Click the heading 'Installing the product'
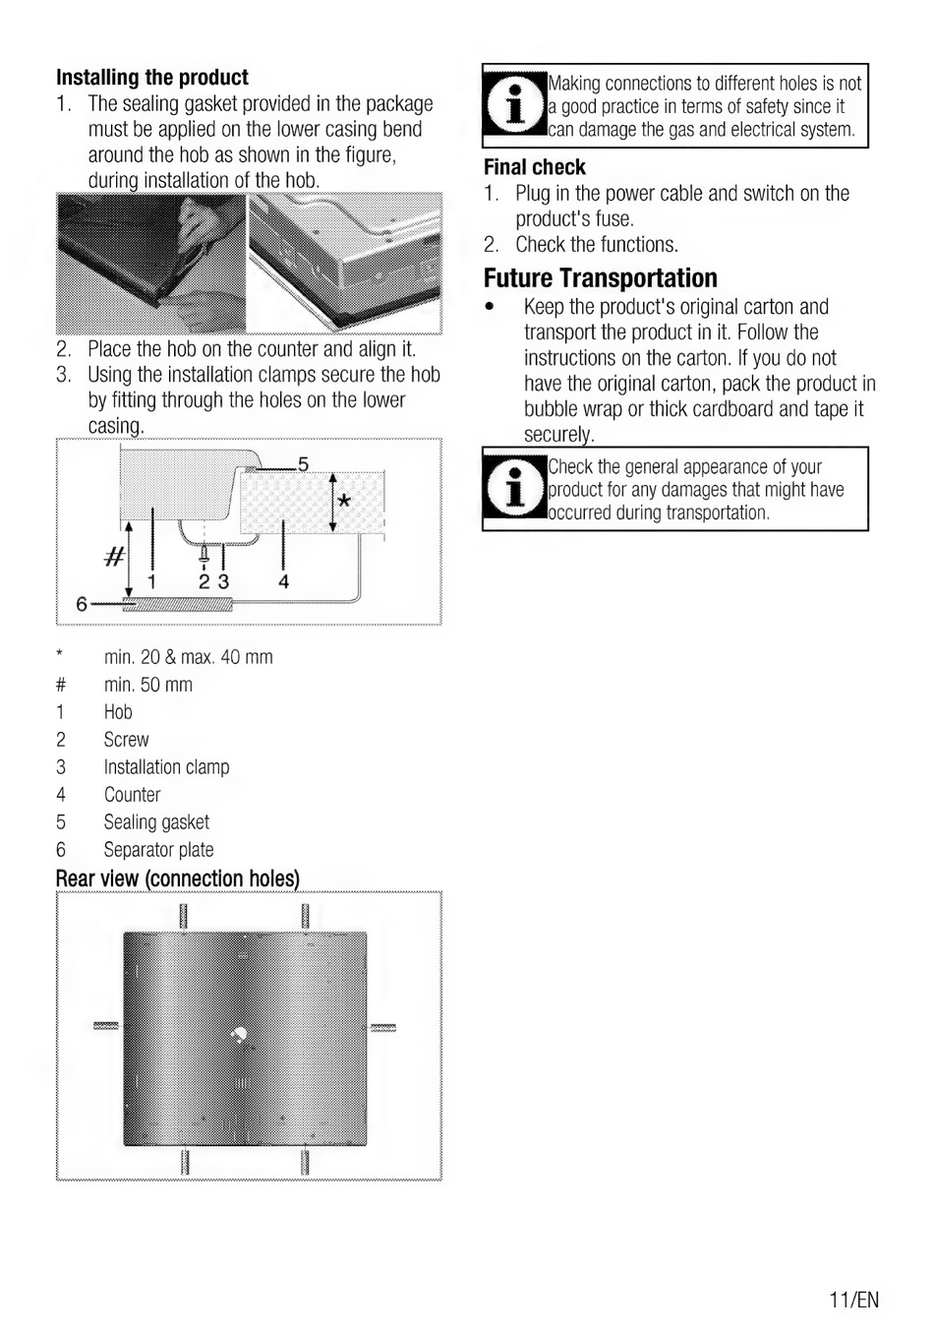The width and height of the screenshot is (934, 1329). (x=152, y=78)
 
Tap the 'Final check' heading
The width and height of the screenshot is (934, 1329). (x=534, y=167)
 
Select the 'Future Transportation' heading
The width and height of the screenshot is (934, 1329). (x=600, y=278)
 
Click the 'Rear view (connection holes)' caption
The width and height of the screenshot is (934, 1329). (x=178, y=878)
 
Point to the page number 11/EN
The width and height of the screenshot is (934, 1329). (x=853, y=1299)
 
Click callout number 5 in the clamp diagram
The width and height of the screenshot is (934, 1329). (x=304, y=463)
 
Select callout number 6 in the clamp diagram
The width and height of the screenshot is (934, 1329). (x=82, y=603)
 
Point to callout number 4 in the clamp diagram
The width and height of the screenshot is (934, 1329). (x=283, y=582)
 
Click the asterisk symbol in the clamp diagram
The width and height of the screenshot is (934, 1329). (x=343, y=503)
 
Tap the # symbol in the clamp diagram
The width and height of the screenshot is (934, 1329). (x=114, y=558)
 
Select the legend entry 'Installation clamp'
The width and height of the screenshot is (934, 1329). (x=166, y=767)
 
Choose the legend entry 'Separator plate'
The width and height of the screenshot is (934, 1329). (x=158, y=850)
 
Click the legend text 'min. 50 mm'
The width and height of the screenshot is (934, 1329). (x=147, y=685)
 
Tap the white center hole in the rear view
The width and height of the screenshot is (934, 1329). (x=240, y=1034)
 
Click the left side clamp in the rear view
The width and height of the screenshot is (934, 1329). (x=106, y=1027)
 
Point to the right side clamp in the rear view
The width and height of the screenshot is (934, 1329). (x=382, y=1028)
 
